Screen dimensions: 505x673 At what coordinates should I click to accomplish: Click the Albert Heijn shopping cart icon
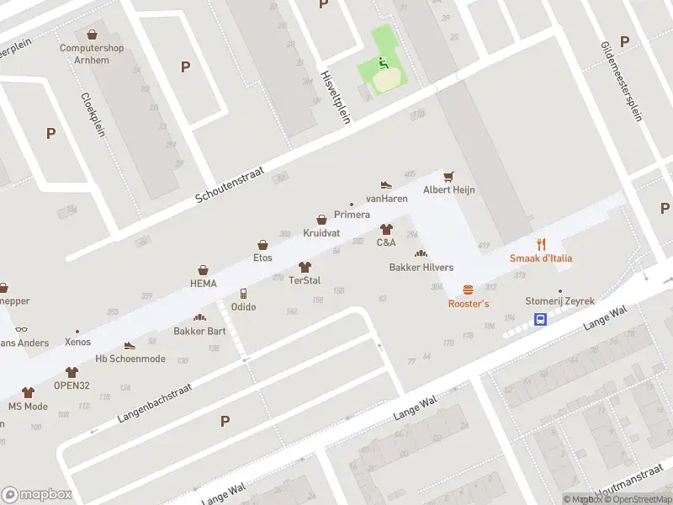pos(448,176)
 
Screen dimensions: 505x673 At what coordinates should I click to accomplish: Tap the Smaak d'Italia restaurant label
pos(541,258)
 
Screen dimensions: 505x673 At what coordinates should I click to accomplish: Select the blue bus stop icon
pos(540,319)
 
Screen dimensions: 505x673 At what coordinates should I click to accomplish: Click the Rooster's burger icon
pos(469,289)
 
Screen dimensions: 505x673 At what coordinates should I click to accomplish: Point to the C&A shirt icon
pos(386,228)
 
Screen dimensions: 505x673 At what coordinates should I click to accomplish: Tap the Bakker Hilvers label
pos(421,268)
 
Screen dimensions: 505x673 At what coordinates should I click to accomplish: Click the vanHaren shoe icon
pos(386,184)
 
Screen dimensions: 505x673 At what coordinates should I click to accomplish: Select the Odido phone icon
pos(243,293)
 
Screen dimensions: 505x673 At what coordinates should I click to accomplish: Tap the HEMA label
pos(203,284)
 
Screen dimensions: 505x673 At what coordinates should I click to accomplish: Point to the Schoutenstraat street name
pos(230,184)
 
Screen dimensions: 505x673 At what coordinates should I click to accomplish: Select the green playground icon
pos(383,63)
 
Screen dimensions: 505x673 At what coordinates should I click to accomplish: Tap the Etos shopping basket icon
pos(263,244)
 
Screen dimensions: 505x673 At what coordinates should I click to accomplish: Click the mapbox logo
pos(37,494)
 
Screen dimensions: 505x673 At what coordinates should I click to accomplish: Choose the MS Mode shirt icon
pos(28,392)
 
